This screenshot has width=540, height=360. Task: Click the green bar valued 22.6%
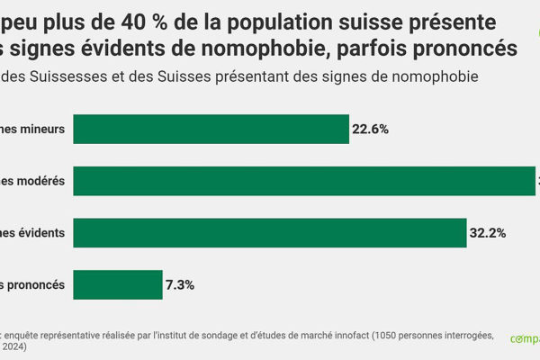(x=211, y=129)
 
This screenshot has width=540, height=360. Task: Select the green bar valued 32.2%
(x=269, y=232)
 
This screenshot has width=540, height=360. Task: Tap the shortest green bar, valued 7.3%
(x=118, y=284)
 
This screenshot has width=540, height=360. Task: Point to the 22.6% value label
(x=370, y=129)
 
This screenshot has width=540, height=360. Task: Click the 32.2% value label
(x=487, y=232)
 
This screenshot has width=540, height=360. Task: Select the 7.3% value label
(x=180, y=284)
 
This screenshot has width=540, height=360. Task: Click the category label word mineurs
(x=41, y=129)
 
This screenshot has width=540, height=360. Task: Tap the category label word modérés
(x=39, y=181)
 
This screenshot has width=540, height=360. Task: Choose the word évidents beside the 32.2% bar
(x=40, y=232)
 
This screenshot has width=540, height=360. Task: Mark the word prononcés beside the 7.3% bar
(x=38, y=284)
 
